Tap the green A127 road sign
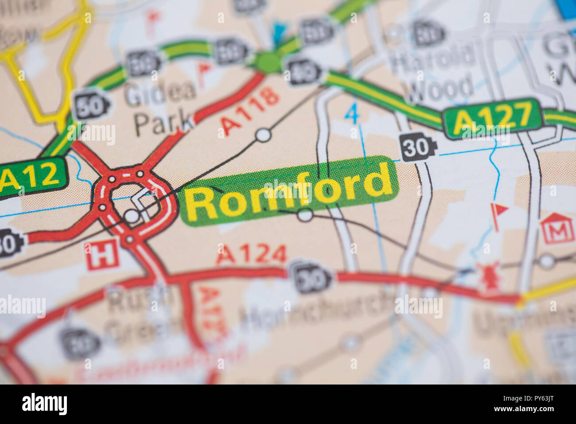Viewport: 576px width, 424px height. pyautogui.click(x=493, y=118)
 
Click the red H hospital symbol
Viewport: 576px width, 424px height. pyautogui.click(x=102, y=255)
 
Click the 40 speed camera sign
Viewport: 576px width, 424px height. pyautogui.click(x=303, y=71)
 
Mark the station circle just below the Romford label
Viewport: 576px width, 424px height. pyautogui.click(x=305, y=215)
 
